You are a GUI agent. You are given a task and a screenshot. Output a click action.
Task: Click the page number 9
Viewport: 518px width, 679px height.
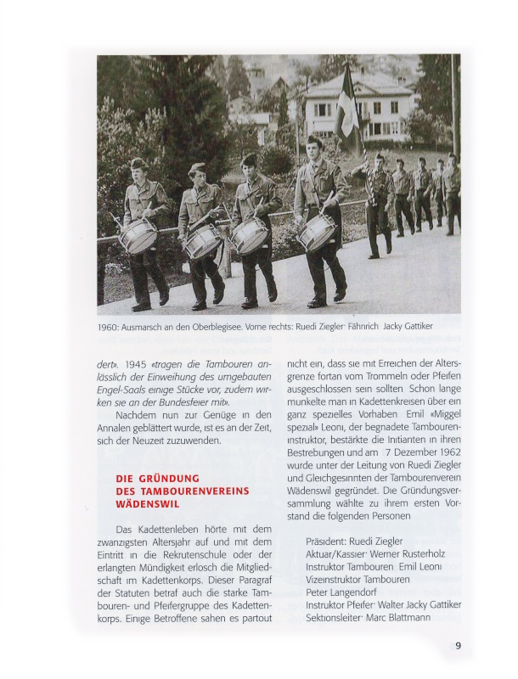(458, 646)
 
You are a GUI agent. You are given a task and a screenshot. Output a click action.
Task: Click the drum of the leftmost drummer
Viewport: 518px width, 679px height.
(138, 237)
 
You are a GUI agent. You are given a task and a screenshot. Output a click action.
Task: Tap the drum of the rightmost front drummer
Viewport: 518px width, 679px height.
(316, 232)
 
